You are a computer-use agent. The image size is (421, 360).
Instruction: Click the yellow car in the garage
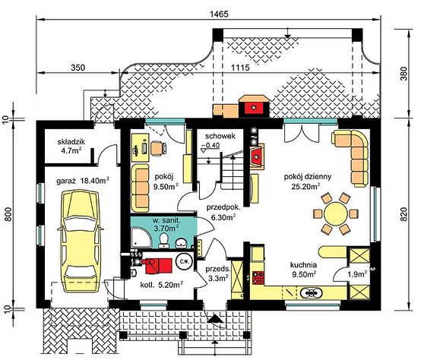point(81,241)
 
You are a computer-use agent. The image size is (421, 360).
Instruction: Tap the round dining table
point(336,214)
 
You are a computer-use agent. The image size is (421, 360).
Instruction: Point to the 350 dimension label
point(78,68)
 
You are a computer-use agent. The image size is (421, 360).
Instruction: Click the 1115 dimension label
point(240,68)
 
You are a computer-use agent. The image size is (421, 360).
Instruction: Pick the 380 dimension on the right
point(404,74)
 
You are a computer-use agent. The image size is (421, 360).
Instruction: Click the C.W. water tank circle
point(184,261)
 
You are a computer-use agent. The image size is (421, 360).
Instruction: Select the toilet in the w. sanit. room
point(163,240)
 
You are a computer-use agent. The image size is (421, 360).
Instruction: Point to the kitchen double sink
point(311,292)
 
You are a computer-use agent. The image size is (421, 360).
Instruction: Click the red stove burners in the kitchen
point(258,278)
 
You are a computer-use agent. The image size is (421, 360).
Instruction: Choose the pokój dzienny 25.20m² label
point(308,181)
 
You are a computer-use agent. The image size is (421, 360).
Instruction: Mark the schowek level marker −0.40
point(210,146)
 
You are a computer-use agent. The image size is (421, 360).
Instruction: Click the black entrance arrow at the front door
point(214,319)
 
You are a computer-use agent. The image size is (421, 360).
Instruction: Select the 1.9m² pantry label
point(357,274)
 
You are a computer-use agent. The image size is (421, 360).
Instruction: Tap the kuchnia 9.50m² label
point(303,270)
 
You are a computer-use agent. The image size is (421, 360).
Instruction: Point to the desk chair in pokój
point(158,148)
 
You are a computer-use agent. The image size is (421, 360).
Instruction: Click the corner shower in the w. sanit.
point(141,238)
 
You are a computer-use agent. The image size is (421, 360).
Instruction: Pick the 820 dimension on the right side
point(404,214)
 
